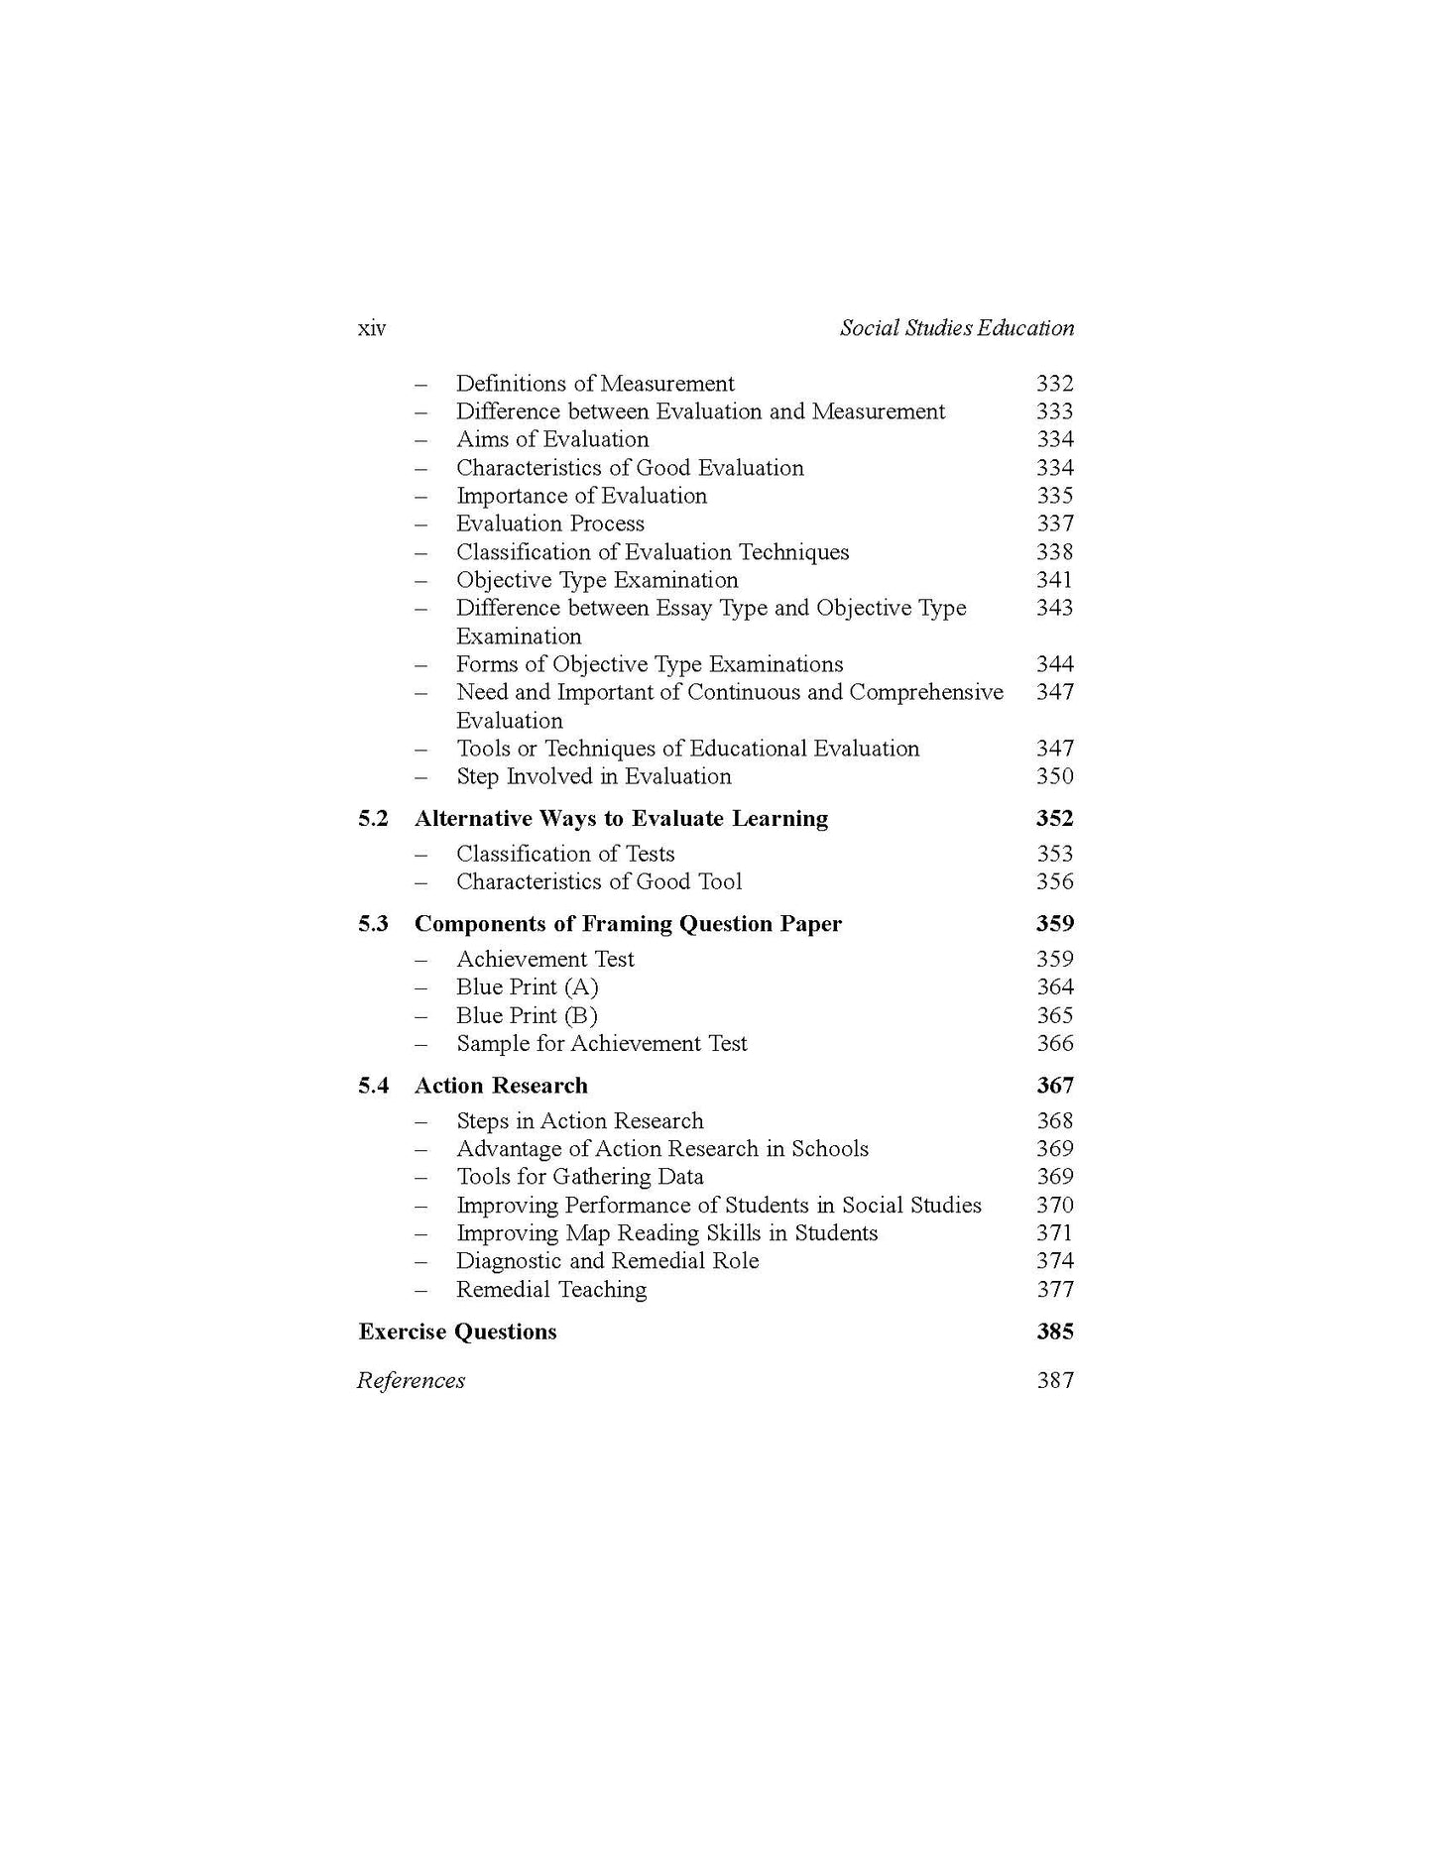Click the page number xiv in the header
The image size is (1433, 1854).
(372, 329)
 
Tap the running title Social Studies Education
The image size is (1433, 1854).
(956, 328)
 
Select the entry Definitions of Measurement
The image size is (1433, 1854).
(595, 384)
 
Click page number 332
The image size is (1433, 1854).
(1054, 384)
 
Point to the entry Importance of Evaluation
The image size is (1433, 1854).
(581, 496)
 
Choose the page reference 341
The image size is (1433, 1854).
(1054, 580)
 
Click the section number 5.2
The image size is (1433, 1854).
(373, 819)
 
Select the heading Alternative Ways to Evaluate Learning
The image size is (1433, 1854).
(621, 819)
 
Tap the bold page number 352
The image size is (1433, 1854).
(1054, 819)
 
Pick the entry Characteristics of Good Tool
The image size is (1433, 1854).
(599, 882)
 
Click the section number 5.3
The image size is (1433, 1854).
(373, 924)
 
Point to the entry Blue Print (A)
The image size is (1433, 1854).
(528, 987)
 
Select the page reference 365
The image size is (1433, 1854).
(1054, 1015)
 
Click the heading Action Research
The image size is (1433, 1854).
(501, 1086)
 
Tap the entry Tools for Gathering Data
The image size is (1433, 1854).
(580, 1177)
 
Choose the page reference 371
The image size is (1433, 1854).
(1054, 1233)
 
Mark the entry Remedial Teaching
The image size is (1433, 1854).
(551, 1290)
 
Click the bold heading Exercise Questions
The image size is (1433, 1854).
(457, 1332)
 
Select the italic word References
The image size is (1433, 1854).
(411, 1381)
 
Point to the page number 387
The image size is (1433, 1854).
(1054, 1381)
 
